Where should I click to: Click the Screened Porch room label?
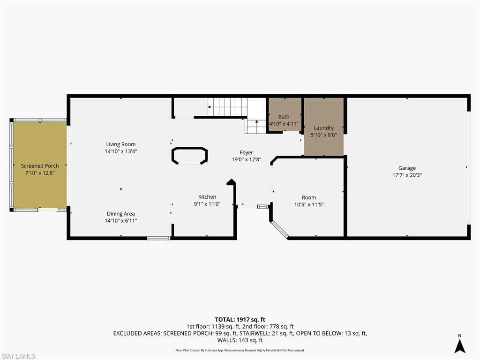[40, 166]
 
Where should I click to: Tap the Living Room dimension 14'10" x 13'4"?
[121, 151]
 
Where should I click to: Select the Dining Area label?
[121, 214]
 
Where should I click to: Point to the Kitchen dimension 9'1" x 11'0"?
[207, 204]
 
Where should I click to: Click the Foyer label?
[247, 152]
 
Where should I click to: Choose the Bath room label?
[284, 117]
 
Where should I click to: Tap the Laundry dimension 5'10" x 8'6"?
[323, 135]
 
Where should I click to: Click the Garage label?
[407, 168]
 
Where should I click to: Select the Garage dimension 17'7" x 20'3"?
[407, 175]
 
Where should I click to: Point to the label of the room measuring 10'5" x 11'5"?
[309, 197]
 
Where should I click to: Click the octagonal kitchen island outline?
[190, 156]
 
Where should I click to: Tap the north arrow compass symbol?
[460, 345]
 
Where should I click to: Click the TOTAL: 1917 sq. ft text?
[240, 320]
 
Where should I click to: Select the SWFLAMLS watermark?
[18, 356]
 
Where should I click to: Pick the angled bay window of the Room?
[280, 229]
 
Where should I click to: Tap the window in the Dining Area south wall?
[159, 238]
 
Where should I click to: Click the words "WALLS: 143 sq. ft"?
[240, 340]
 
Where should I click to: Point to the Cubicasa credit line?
[240, 350]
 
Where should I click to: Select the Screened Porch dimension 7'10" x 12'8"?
[40, 173]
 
